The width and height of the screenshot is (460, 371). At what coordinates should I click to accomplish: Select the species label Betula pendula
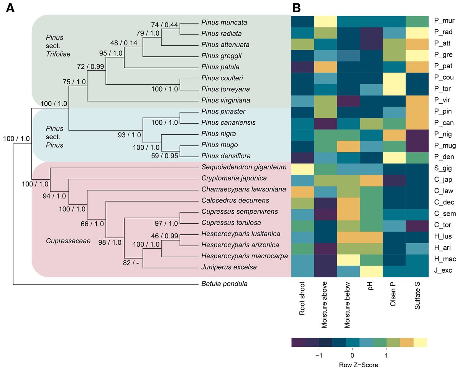click(x=224, y=284)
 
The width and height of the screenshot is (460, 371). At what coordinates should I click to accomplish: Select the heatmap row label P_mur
click(x=444, y=21)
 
